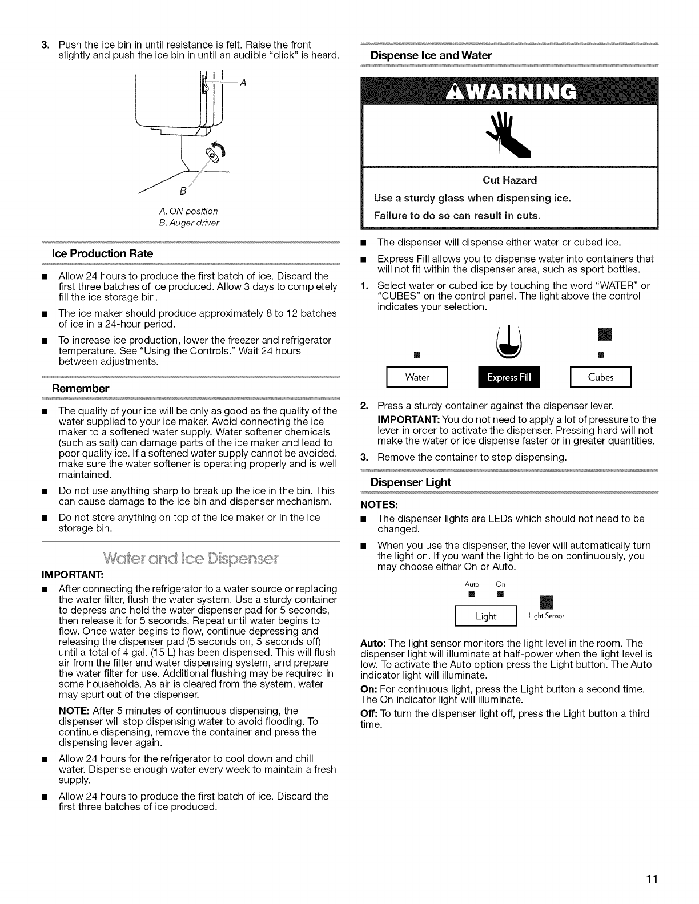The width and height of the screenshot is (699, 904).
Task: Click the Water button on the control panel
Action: tap(416, 377)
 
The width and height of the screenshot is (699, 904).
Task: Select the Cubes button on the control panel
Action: tap(601, 377)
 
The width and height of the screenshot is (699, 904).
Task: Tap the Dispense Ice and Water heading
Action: tap(431, 55)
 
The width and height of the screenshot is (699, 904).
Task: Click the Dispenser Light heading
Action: tap(411, 482)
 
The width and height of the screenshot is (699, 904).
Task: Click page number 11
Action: tap(651, 879)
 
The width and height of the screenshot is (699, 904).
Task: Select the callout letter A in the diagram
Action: tap(243, 82)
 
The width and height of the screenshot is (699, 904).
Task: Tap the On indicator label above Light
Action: tap(500, 584)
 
